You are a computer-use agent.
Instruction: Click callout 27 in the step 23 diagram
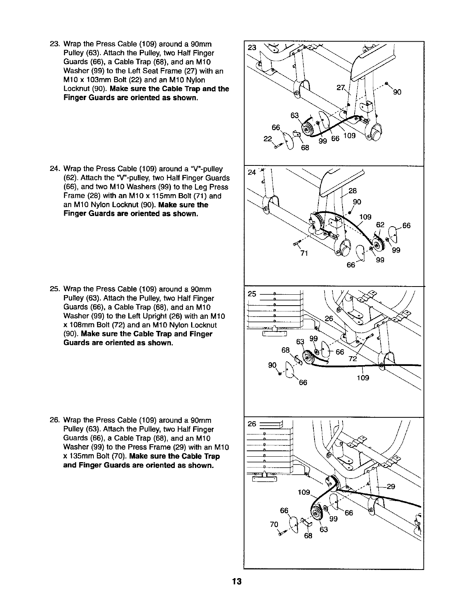341,88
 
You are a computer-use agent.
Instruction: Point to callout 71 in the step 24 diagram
305,253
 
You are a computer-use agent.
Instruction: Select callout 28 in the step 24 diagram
353,191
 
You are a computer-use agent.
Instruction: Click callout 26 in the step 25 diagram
329,318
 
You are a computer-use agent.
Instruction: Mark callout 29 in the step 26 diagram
391,486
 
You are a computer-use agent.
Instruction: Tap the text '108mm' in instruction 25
83,325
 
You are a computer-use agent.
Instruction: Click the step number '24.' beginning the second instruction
54,169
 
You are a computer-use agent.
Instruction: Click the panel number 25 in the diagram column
251,294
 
